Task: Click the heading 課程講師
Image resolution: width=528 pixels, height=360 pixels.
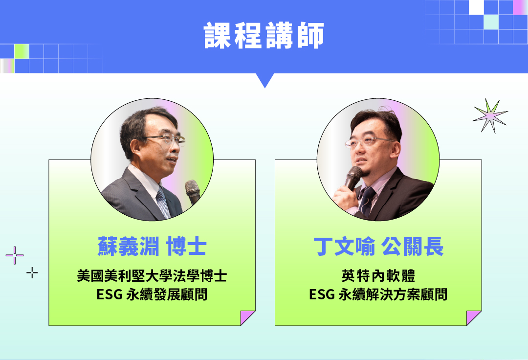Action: [x=264, y=35]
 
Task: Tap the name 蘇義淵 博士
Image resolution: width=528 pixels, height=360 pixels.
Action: [x=152, y=247]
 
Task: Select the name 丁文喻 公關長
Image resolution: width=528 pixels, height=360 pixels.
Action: [x=378, y=247]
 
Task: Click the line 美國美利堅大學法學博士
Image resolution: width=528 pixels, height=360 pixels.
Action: [x=152, y=276]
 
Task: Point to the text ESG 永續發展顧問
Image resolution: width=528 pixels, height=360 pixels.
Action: [x=152, y=294]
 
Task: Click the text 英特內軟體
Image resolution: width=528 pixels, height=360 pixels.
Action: [x=378, y=276]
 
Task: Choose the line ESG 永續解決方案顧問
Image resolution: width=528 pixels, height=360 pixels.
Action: [x=378, y=294]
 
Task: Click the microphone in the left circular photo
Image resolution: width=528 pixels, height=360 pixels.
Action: [x=193, y=192]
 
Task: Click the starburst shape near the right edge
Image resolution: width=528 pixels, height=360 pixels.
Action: [x=490, y=116]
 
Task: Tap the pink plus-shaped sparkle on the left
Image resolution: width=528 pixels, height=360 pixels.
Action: [x=15, y=255]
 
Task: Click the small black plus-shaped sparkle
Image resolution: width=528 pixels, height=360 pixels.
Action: [x=32, y=272]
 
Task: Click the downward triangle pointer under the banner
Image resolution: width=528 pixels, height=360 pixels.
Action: [x=264, y=79]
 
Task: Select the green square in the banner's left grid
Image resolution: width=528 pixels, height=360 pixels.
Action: [x=22, y=51]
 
